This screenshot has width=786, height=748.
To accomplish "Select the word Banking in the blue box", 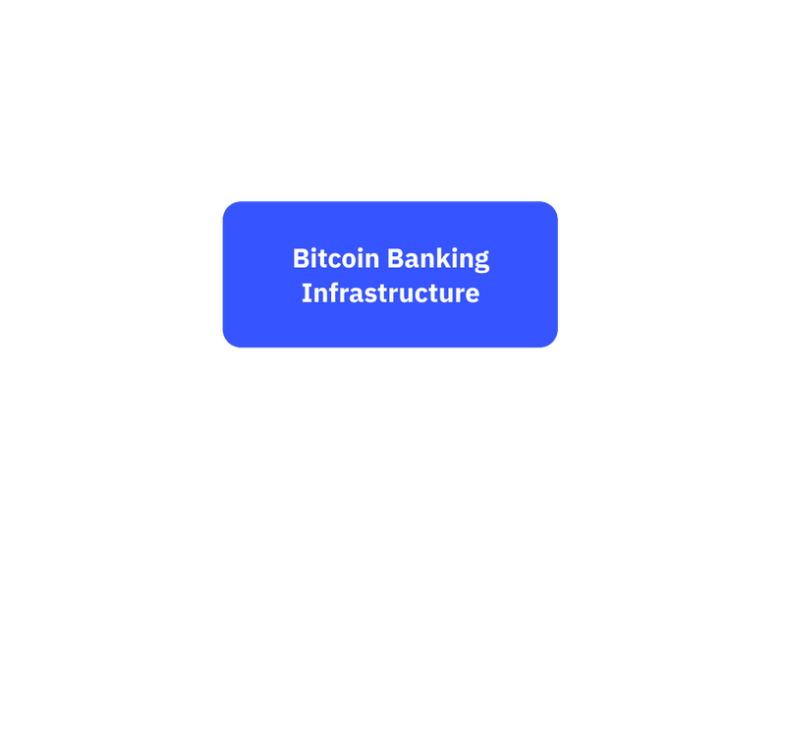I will [437, 260].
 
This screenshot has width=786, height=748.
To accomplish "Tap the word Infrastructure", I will [390, 293].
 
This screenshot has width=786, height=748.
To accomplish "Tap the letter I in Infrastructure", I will [306, 293].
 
